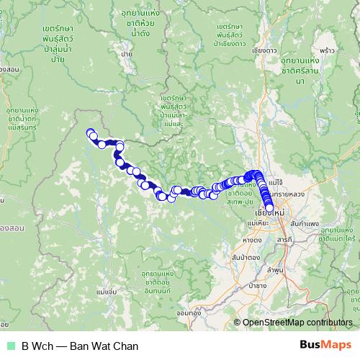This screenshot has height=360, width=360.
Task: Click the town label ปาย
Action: pyautogui.click(x=127, y=54)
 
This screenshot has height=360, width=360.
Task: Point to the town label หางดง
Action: pyautogui.click(x=252, y=239)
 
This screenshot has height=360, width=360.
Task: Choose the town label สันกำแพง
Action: pyautogui.click(x=307, y=224)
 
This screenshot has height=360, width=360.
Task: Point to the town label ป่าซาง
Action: pyautogui.click(x=256, y=286)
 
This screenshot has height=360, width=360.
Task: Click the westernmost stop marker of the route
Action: pyautogui.click(x=90, y=132)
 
